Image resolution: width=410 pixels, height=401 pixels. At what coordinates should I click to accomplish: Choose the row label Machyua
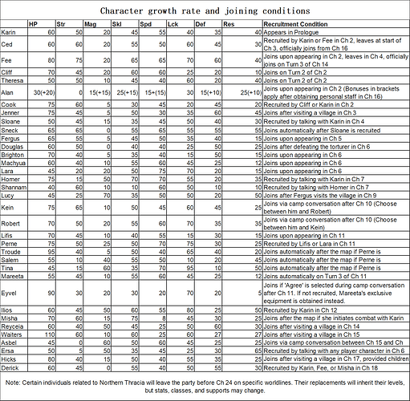(14, 164)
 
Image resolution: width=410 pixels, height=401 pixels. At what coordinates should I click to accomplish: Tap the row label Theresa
(14, 81)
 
